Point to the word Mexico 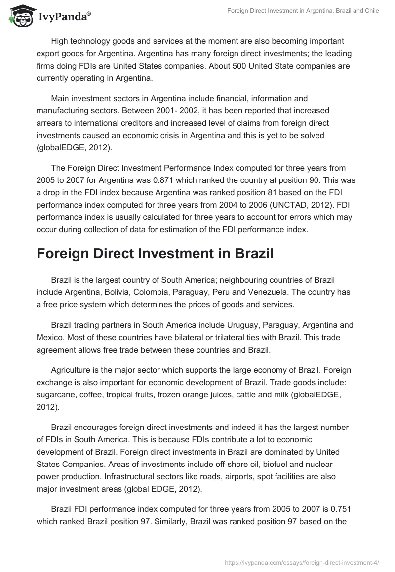51,337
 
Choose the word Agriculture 72,371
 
